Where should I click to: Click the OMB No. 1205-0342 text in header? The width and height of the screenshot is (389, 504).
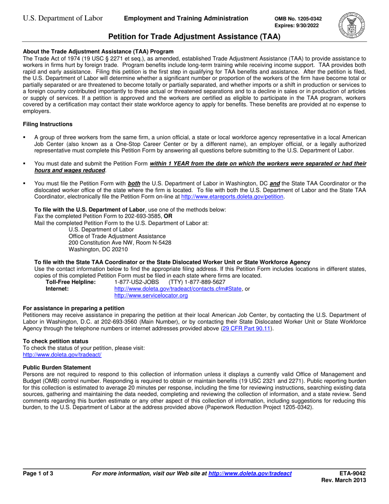[x=298, y=19]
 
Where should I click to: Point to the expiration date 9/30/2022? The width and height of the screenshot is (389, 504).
[x=308, y=25]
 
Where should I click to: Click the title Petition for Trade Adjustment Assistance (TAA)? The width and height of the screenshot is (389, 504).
[x=194, y=37]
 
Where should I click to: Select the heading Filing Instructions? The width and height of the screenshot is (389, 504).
[x=47, y=124]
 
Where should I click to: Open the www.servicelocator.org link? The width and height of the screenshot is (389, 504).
[x=151, y=295]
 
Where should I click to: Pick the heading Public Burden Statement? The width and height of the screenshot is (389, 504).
[x=57, y=367]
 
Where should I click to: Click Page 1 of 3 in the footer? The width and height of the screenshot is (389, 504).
[x=38, y=474]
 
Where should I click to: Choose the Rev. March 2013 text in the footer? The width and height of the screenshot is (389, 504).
[x=344, y=481]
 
